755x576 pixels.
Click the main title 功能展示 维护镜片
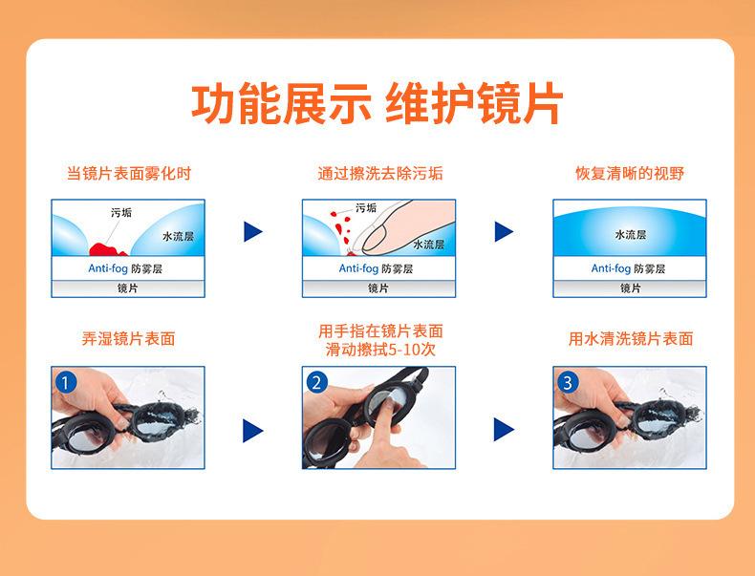(377, 103)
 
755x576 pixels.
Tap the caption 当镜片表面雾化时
(129, 173)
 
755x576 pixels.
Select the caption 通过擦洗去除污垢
(380, 173)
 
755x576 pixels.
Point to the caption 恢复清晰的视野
(630, 173)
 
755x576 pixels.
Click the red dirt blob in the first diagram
(108, 249)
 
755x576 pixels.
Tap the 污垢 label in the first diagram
(120, 212)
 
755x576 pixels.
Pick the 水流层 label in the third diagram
(631, 234)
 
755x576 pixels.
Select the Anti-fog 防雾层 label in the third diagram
(628, 268)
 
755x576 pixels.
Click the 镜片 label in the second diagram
(378, 288)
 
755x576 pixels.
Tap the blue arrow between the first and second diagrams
(253, 231)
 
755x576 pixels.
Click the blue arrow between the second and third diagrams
(504, 231)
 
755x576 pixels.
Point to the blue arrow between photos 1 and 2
(253, 430)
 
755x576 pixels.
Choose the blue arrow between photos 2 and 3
(504, 430)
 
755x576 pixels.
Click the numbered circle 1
(66, 383)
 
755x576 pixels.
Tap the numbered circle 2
(317, 383)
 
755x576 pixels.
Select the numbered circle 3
(568, 383)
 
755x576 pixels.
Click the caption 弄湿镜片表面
(129, 339)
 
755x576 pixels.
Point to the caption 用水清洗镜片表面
(631, 339)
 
